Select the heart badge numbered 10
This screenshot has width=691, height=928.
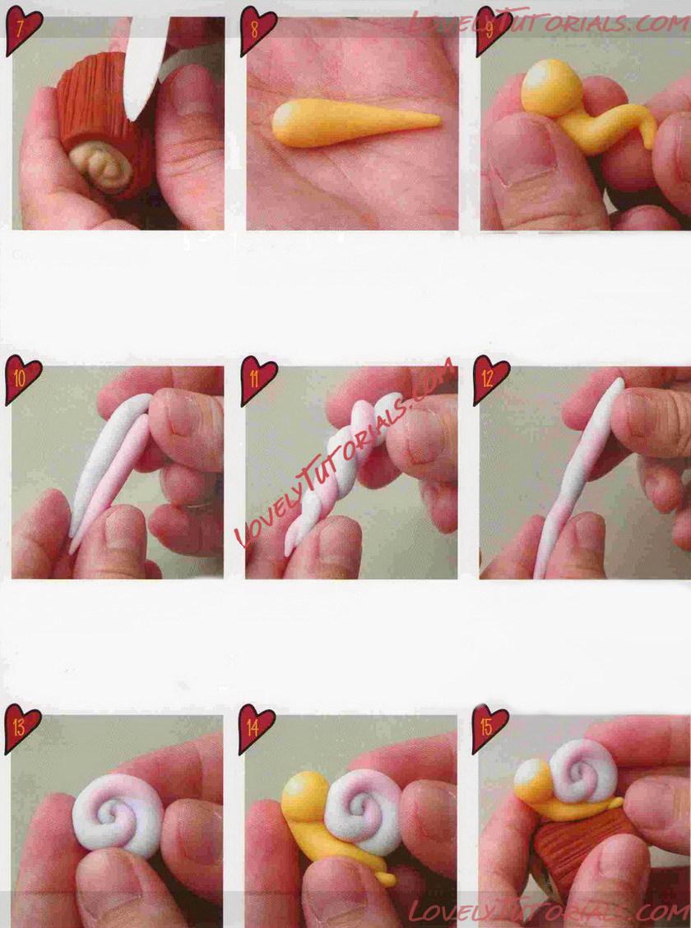[22, 379]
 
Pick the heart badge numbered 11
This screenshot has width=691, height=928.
[257, 379]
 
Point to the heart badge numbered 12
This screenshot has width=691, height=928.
[490, 379]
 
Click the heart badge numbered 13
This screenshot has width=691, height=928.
[21, 727]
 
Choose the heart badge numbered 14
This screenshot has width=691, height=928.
[256, 727]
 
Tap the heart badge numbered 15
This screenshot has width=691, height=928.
[489, 727]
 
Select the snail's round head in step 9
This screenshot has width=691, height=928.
[550, 86]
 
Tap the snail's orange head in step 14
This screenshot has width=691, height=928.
[305, 796]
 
